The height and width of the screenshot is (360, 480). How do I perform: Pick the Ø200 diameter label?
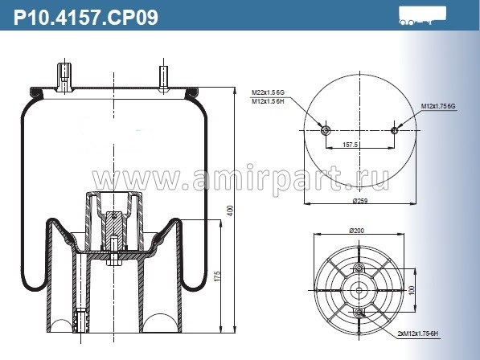point(358,231)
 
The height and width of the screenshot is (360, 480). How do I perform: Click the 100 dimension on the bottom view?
point(412,289)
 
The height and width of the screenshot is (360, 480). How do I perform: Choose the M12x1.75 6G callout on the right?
point(438,106)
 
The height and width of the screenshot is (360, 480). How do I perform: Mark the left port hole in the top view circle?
point(325,131)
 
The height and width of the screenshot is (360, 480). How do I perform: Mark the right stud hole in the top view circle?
point(393,131)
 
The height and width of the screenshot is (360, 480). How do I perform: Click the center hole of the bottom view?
point(359,289)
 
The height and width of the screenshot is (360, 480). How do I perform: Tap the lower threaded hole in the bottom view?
point(359,311)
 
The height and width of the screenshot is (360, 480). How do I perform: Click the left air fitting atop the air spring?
point(64,76)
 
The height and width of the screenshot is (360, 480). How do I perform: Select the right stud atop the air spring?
point(163,77)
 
